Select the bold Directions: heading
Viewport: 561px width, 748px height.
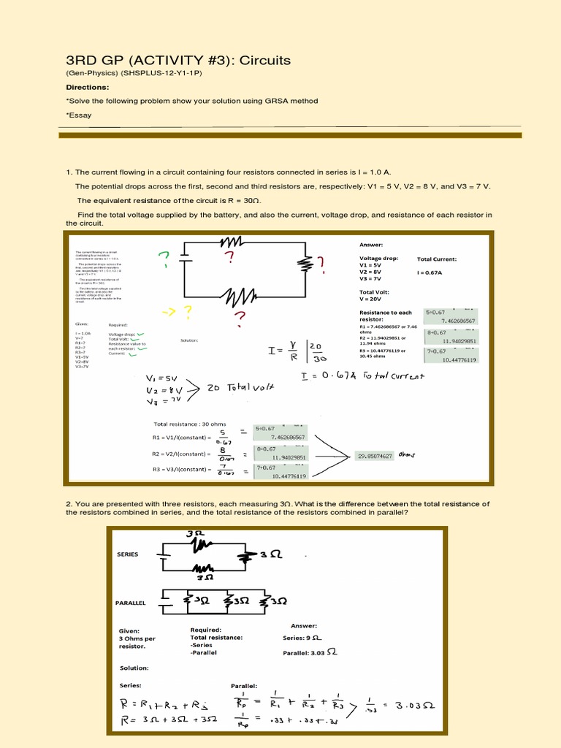(88, 87)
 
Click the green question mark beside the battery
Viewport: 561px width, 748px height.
(164, 259)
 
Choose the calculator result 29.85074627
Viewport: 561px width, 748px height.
(375, 456)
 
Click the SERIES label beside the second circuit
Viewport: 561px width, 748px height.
(127, 554)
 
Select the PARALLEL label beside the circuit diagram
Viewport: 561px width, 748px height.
(131, 603)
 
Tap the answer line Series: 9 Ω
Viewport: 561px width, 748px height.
(302, 638)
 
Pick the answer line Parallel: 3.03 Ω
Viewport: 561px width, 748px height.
(310, 652)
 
